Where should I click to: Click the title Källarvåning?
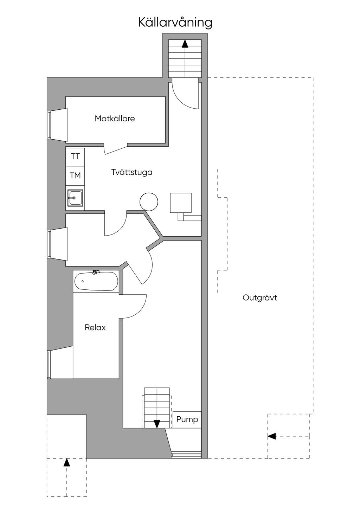click(x=175, y=23)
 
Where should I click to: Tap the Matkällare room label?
click(x=115, y=118)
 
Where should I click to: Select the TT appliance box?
click(x=75, y=157)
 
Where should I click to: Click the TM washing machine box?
click(x=75, y=176)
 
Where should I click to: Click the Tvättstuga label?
click(x=132, y=172)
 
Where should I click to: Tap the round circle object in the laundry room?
click(x=149, y=201)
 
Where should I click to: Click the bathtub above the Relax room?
click(x=96, y=281)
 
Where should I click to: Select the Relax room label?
click(x=95, y=327)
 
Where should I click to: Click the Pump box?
click(x=187, y=419)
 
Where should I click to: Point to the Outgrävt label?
click(x=260, y=298)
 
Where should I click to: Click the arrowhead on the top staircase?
click(x=185, y=44)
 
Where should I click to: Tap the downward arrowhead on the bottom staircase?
click(x=157, y=424)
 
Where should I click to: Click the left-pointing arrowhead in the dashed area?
click(x=272, y=436)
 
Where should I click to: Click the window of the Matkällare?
click(x=49, y=124)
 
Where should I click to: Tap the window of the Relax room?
click(x=49, y=364)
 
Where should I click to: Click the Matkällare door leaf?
click(x=116, y=149)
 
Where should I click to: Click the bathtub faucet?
click(x=96, y=272)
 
